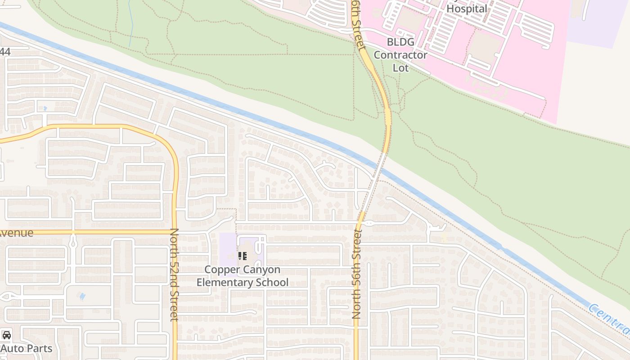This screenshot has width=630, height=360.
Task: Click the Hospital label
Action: pos(467,9)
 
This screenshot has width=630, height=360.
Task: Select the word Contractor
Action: pos(400,55)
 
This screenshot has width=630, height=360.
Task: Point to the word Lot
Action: pos(400,68)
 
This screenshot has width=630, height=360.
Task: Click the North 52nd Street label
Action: pos(175,274)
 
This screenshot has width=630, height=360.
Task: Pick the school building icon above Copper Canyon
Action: pos(243,256)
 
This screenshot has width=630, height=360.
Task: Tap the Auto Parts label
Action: pos(27,348)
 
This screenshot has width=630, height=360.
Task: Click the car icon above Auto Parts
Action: pos(6,335)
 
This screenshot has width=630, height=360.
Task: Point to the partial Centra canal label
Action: pos(609,318)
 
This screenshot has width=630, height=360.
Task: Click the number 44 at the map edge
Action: pos(5,52)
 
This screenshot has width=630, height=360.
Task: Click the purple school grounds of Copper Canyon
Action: pos(228,250)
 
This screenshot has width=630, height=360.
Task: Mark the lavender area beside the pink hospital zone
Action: pos(594,22)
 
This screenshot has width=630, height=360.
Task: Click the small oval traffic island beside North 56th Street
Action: pos(369,223)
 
